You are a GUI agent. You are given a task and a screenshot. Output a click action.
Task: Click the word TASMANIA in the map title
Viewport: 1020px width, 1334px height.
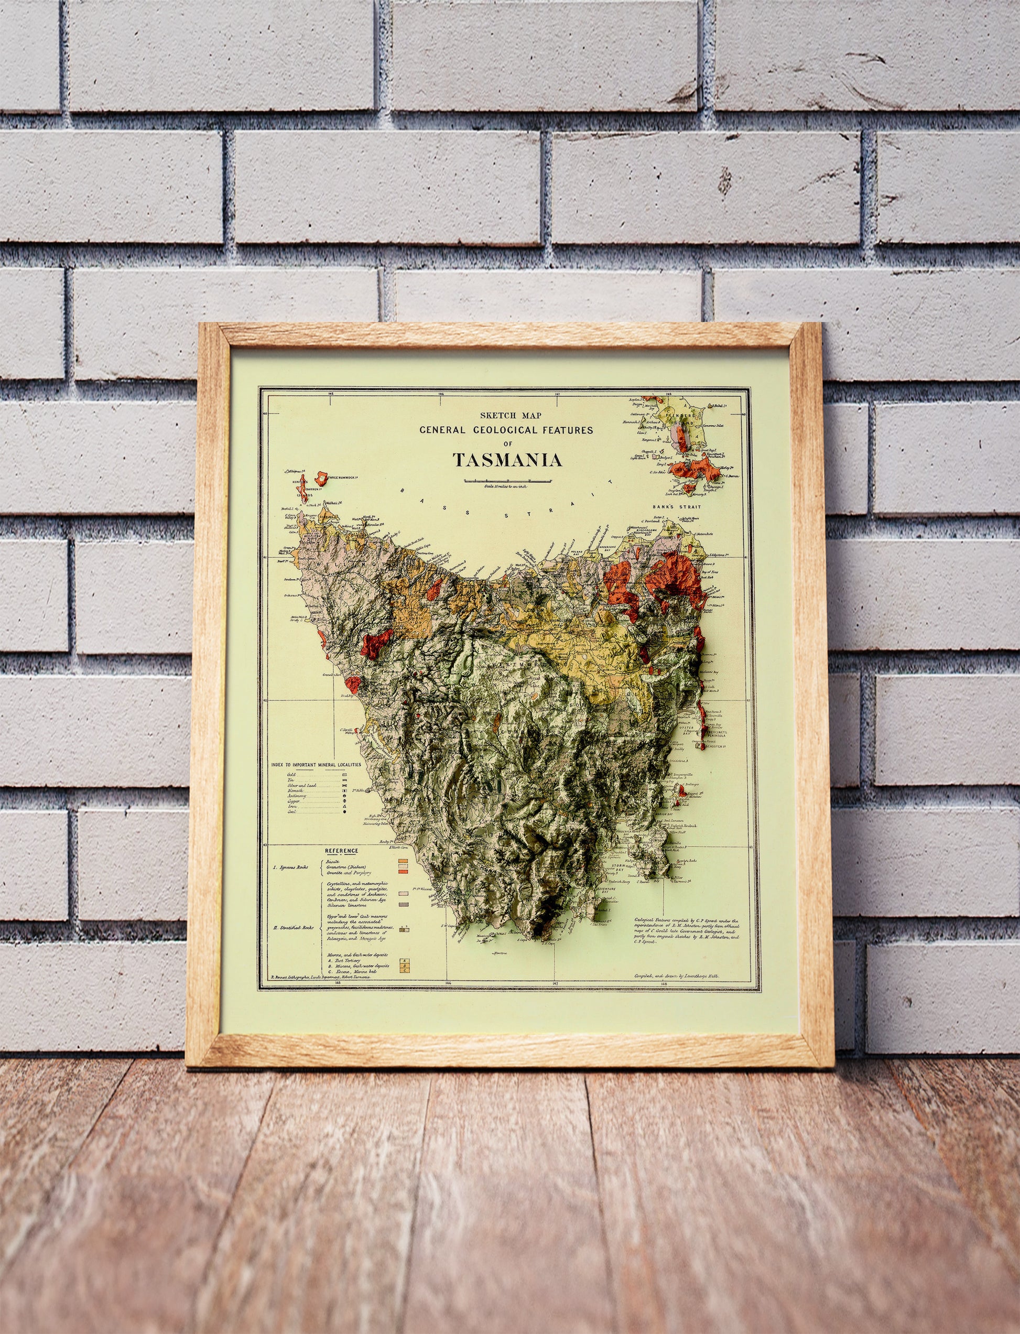coord(507,460)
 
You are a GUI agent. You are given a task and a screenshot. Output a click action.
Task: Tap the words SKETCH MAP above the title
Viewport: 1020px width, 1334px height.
coord(506,416)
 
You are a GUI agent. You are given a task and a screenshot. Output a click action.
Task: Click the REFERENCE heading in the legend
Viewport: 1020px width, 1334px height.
coord(341,851)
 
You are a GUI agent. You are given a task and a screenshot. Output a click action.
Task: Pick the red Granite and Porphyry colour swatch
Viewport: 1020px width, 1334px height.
coord(402,872)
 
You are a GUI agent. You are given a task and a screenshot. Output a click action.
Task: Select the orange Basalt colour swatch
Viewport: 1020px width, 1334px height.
coord(402,860)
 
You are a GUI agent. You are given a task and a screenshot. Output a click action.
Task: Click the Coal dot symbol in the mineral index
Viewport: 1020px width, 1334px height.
coord(344,811)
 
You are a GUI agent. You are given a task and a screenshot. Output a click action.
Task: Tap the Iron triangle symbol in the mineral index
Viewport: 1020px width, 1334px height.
coord(344,806)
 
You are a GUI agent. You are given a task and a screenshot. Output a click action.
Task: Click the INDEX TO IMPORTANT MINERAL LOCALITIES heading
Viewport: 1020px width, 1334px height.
coord(316,764)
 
